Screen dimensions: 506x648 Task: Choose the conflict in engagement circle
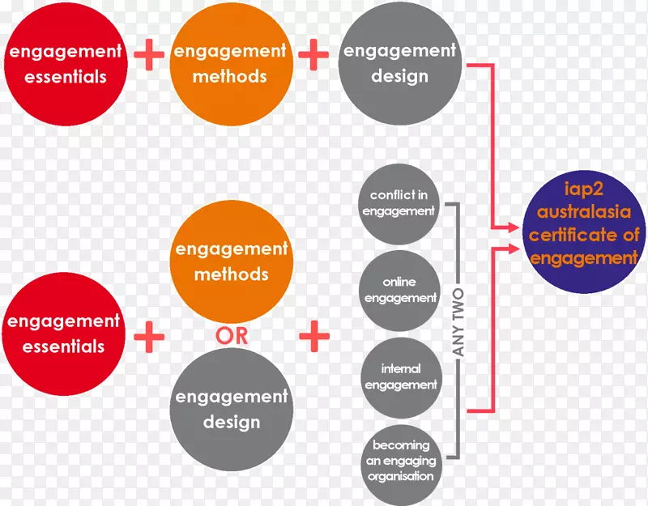pos(399,203)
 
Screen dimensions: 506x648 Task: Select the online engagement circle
pos(399,290)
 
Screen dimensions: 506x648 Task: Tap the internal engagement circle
pos(399,377)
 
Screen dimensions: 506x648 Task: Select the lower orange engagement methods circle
pos(231,262)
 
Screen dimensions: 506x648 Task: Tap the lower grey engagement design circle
pos(231,409)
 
